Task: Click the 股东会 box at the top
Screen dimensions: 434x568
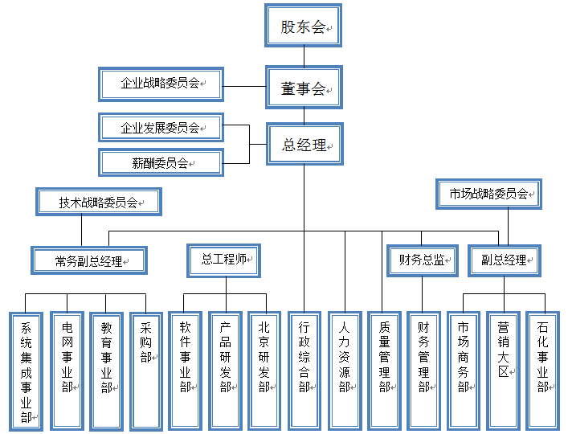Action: pos(303,26)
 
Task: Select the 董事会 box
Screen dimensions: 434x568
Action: pos(303,87)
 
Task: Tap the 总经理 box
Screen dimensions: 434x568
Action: pos(304,145)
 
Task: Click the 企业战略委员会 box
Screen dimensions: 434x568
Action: pos(161,84)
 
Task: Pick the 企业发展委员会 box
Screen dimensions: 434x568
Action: pos(161,128)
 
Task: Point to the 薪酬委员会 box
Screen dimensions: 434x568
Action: pos(161,162)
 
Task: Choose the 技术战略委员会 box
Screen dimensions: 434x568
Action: pos(99,202)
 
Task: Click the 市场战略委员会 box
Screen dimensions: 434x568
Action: pos(488,194)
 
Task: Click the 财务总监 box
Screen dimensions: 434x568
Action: pos(422,260)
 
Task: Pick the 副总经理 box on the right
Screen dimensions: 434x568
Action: pos(504,260)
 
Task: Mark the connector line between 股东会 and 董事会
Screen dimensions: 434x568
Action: pos(304,55)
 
